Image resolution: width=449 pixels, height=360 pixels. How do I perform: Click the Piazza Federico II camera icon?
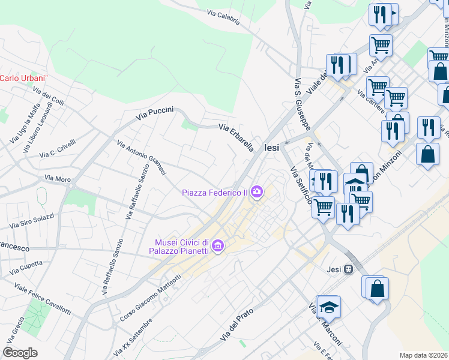tap(258, 192)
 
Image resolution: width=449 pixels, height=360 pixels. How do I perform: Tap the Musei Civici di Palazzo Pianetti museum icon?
tap(218, 246)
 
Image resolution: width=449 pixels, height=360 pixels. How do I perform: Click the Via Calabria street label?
tap(223, 17)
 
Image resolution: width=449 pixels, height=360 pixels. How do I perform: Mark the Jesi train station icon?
tap(348, 269)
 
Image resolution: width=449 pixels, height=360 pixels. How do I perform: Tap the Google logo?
tap(20, 352)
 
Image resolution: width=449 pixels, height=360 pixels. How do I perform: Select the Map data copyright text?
tap(424, 355)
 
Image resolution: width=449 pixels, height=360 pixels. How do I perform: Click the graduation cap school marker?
tap(329, 308)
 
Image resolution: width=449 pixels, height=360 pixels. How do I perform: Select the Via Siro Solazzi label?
tap(32, 220)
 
